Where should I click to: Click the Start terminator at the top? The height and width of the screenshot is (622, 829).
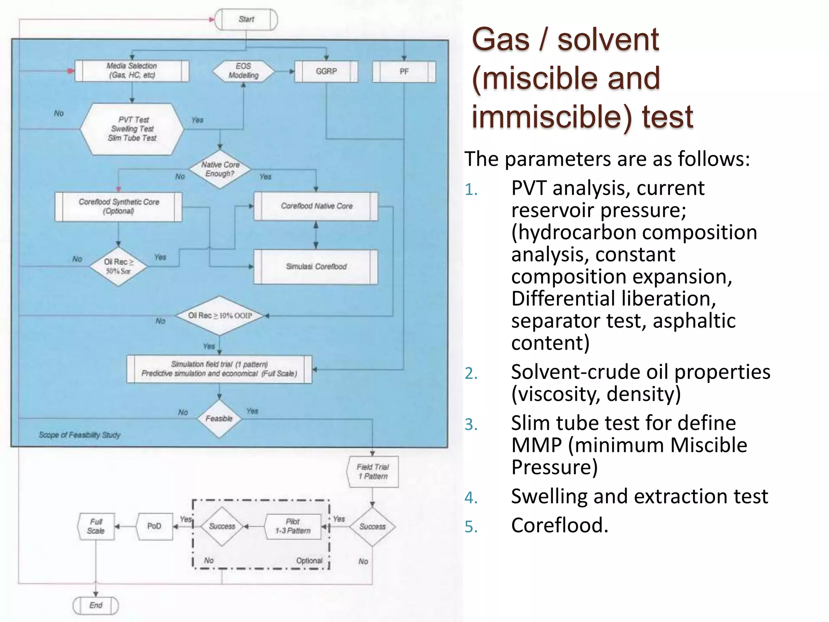tap(246, 19)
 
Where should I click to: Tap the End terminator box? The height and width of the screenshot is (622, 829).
tap(96, 605)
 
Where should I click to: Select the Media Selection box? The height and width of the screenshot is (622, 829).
tap(132, 71)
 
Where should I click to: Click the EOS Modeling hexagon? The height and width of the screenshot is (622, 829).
tap(243, 71)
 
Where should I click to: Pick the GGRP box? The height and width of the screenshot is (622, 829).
tap(326, 71)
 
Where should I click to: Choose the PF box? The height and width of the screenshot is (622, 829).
tap(404, 72)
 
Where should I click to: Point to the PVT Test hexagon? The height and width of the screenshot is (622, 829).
tap(132, 129)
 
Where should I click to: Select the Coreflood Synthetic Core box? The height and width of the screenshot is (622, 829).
tap(119, 207)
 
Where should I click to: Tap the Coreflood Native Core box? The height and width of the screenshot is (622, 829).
tap(316, 206)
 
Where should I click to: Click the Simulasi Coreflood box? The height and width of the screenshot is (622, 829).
tap(316, 266)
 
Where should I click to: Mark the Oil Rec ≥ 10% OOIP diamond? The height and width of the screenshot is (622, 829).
tap(220, 315)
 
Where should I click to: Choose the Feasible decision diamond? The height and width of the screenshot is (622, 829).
tap(219, 419)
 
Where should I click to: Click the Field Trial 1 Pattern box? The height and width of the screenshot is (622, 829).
tap(373, 472)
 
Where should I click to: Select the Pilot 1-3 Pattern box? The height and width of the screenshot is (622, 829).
tap(293, 526)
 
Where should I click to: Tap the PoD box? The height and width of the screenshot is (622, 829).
tap(154, 526)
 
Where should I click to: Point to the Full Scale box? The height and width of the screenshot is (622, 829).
tap(96, 526)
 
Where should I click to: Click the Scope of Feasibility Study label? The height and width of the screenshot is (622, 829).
tap(80, 435)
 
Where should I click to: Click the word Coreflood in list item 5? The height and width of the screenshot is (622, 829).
tap(559, 525)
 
